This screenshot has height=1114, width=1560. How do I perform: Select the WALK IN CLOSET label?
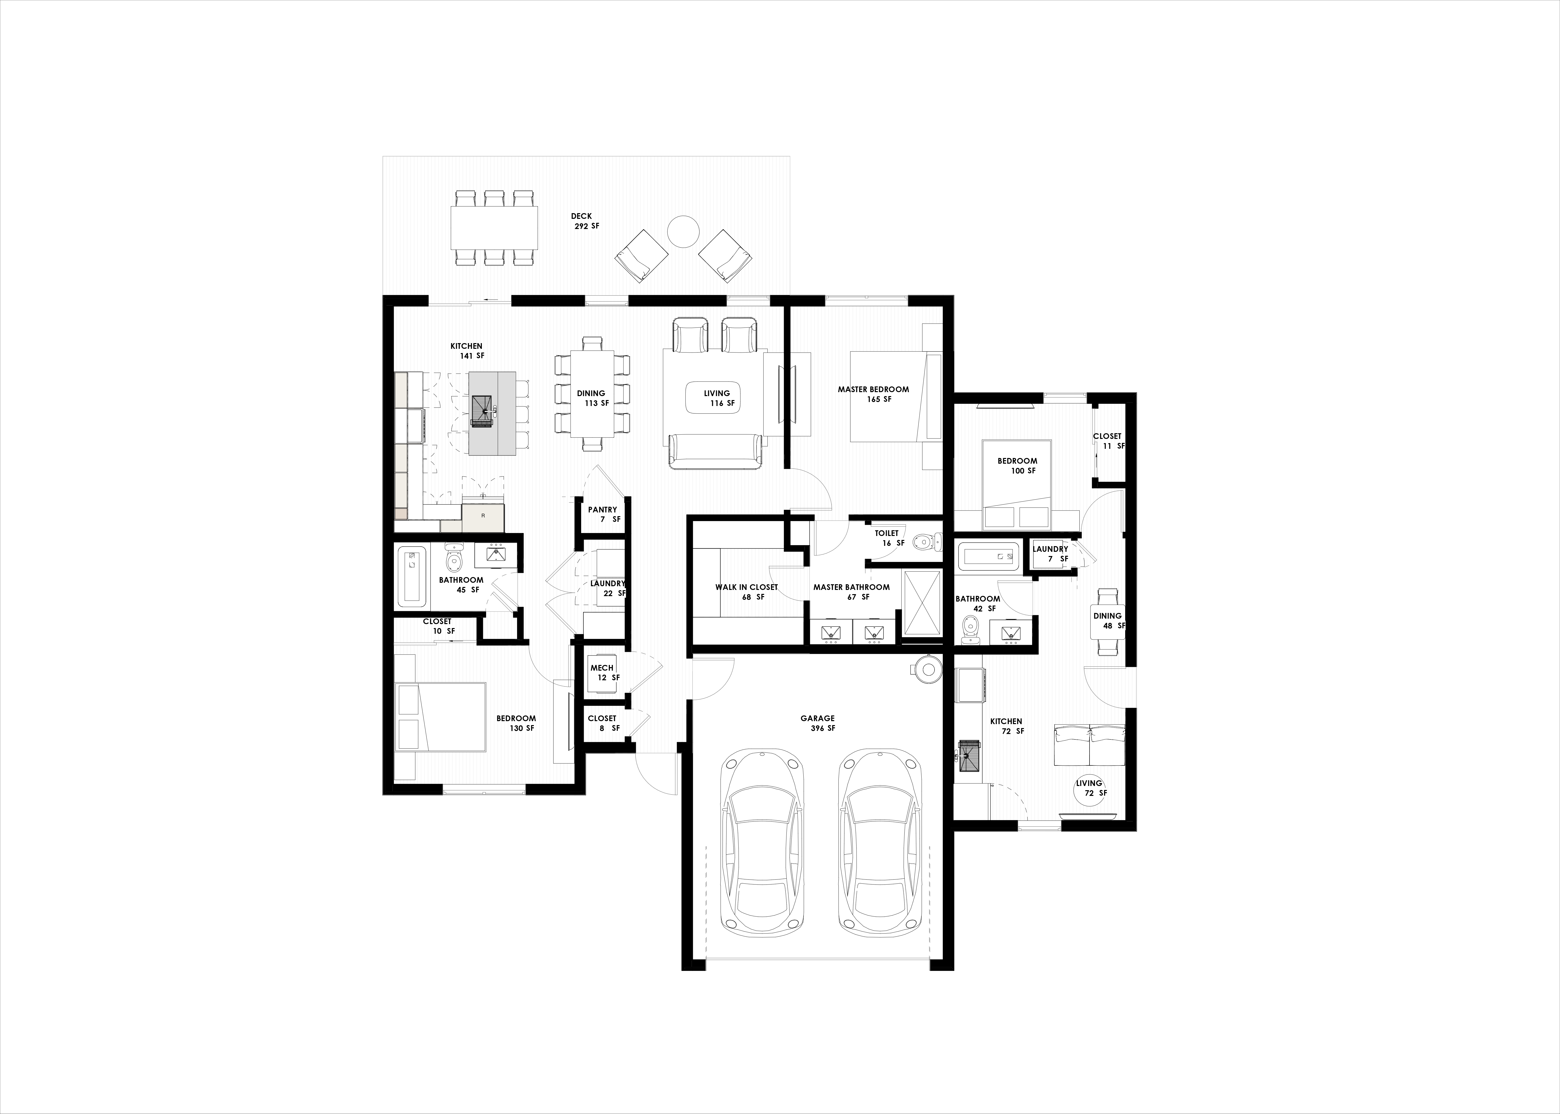746,587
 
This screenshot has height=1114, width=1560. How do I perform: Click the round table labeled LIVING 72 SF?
1089,787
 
